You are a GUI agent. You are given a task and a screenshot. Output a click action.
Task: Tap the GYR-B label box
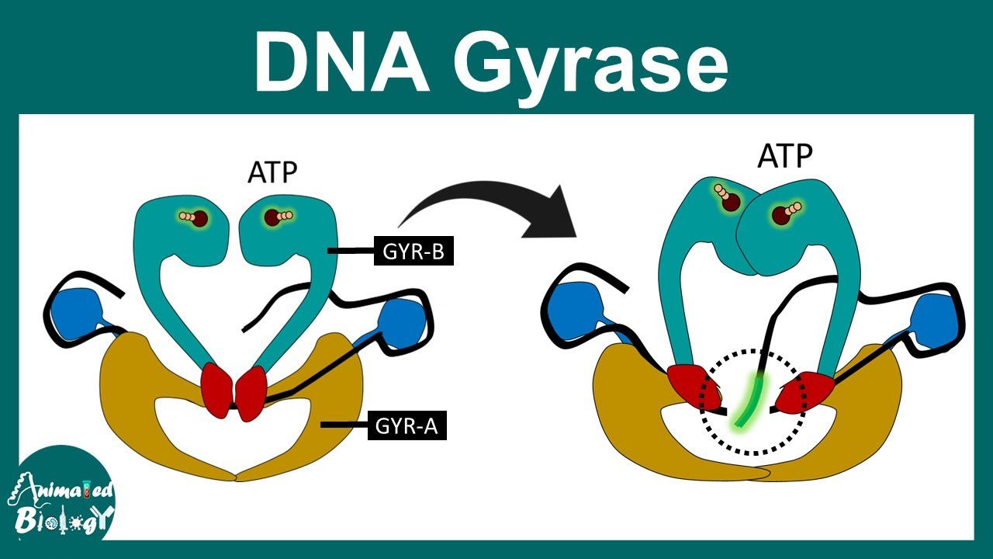413,251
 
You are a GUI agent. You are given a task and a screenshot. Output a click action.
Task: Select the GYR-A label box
407,425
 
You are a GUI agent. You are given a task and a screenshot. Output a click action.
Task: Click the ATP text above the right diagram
785,158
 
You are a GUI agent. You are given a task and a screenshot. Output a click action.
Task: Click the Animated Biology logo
61,498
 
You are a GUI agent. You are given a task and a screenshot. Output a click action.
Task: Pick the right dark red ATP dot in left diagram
271,217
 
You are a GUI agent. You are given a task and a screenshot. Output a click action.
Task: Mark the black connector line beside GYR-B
351,251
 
